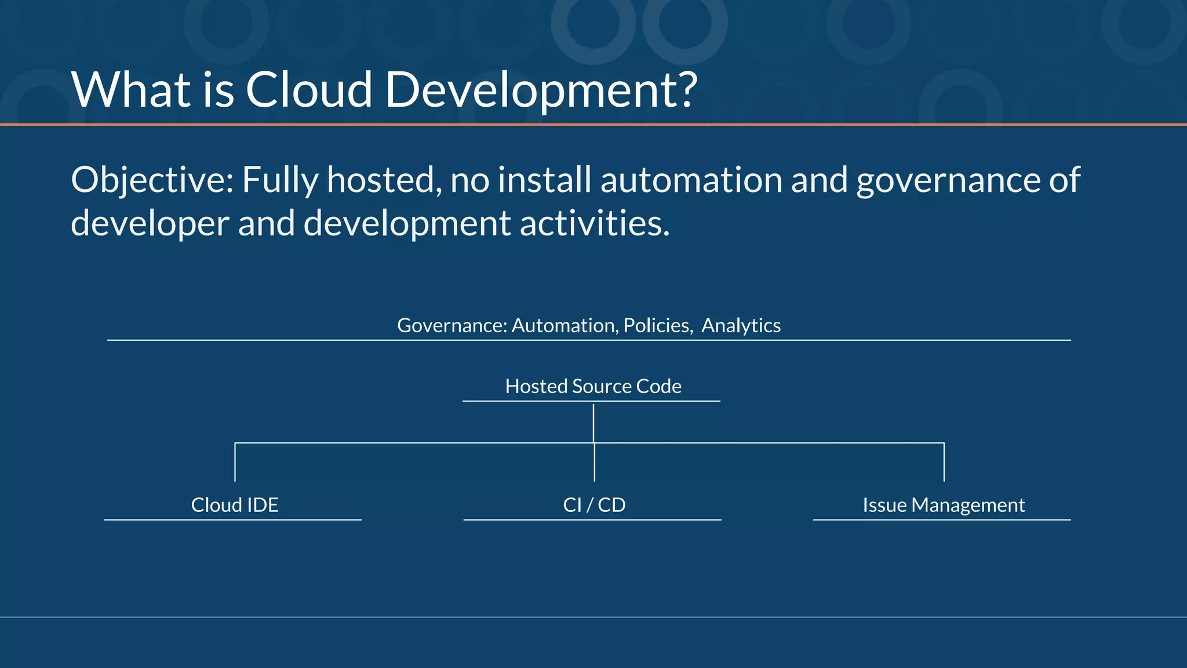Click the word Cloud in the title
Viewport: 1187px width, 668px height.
308,90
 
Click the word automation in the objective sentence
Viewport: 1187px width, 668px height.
691,180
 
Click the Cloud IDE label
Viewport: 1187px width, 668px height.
235,505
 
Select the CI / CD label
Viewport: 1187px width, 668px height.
594,505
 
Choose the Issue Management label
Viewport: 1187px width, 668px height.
944,505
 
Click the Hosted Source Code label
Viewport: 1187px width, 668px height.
593,386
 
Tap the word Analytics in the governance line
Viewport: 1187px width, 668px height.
741,326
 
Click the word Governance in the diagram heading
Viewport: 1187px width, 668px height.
452,326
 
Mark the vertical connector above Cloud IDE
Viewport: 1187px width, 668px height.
235,462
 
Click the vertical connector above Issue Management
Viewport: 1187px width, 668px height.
944,462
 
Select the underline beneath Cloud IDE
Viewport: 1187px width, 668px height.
233,520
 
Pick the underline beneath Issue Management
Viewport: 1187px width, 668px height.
942,520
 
